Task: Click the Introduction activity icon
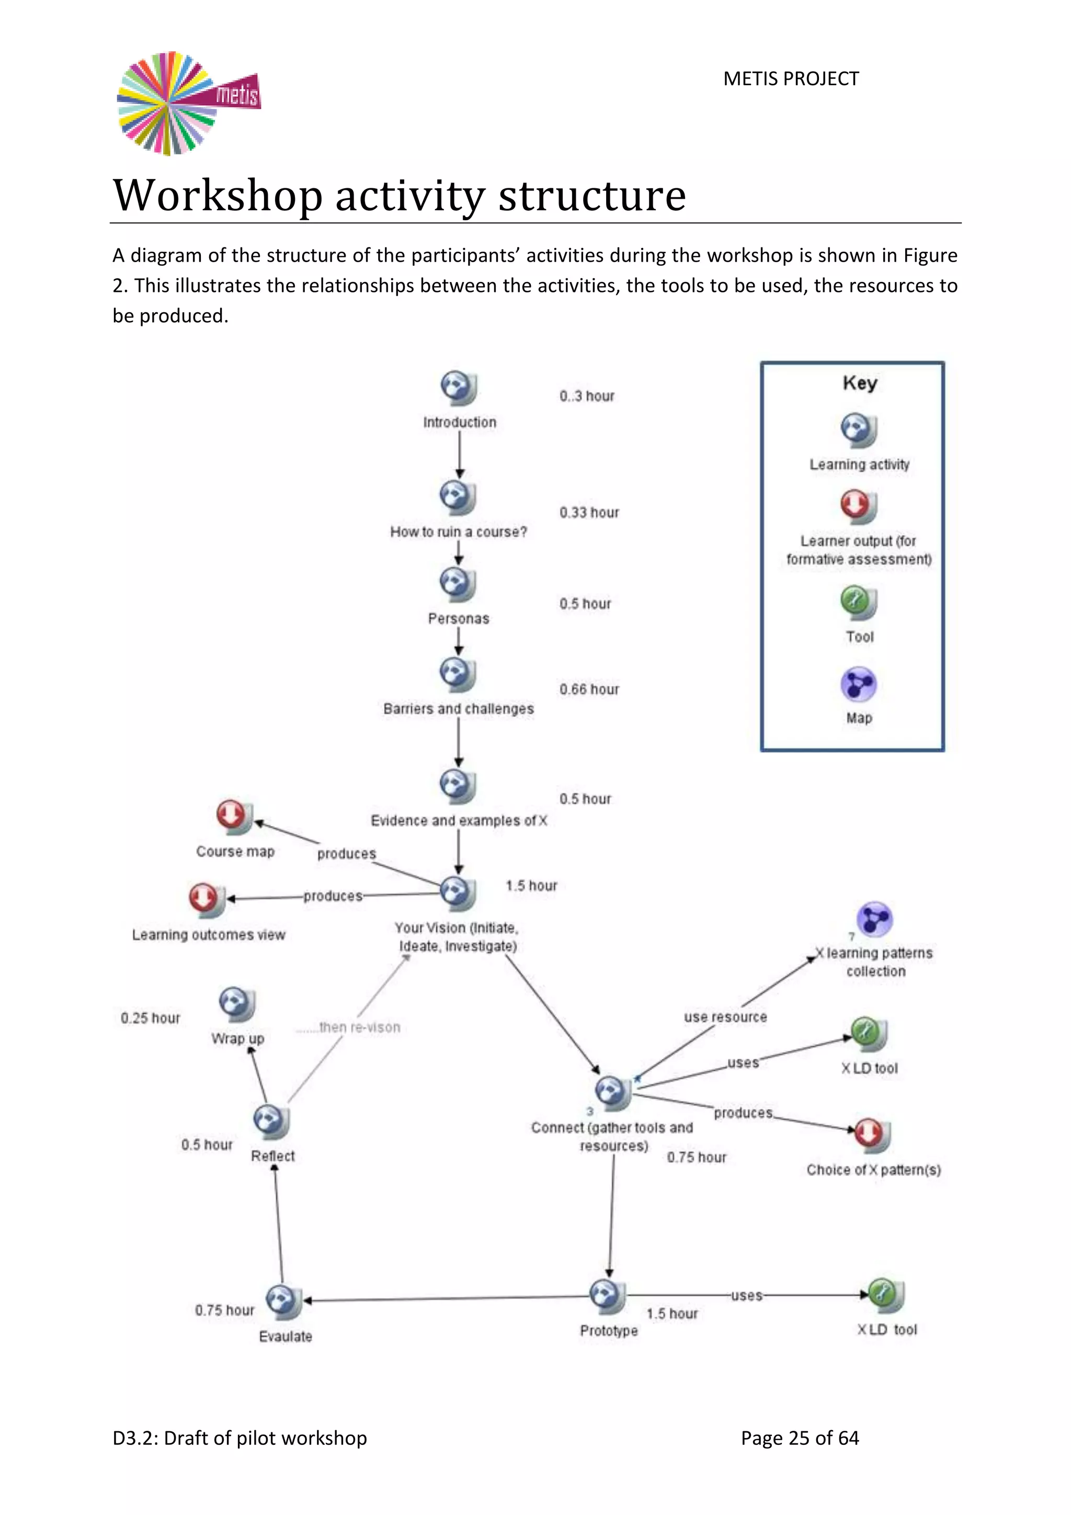(x=458, y=388)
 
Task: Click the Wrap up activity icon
(x=236, y=1004)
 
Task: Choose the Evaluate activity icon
(x=283, y=1301)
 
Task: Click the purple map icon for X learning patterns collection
(x=874, y=919)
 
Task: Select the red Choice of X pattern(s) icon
(x=872, y=1134)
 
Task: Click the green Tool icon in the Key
(x=858, y=603)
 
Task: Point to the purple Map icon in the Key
(x=858, y=684)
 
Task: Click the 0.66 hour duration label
(x=589, y=689)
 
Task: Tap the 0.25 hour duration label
(x=151, y=1018)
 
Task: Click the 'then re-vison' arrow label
(x=358, y=1027)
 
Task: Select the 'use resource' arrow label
(x=725, y=1017)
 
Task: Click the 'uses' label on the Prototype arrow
(x=747, y=1296)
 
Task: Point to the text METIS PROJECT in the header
(x=791, y=79)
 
